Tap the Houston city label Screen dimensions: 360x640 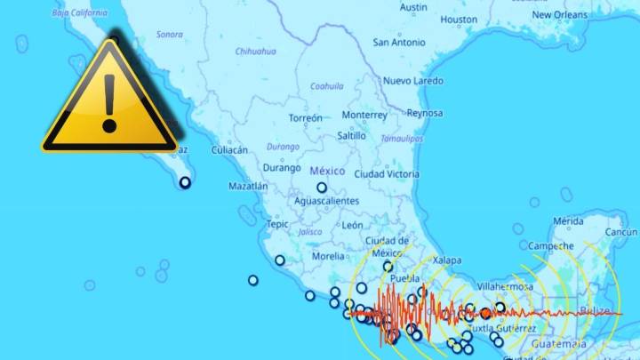coord(459,19)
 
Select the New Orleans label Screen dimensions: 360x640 coord(559,14)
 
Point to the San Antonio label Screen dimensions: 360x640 coord(399,42)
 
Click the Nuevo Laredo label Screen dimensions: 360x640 coord(412,80)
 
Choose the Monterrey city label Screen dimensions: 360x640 coord(364,115)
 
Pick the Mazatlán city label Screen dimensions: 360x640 coord(248,187)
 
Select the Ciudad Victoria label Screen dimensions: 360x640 coord(387,174)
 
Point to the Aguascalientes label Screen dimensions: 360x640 coord(326,201)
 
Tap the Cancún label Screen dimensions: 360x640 coord(621,232)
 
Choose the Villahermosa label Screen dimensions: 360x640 coord(504,287)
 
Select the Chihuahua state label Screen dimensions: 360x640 coord(255,51)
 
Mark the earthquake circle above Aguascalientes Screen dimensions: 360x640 coord(322,188)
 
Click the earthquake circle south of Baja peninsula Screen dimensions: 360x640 coord(185,182)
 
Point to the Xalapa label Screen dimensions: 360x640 coord(447,260)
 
